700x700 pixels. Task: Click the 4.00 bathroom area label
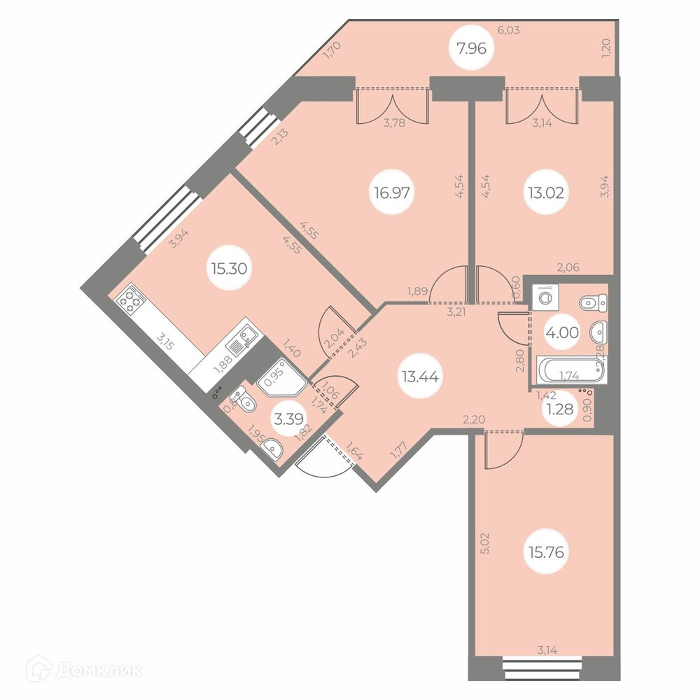tap(564, 333)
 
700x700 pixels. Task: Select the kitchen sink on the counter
tap(243, 341)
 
